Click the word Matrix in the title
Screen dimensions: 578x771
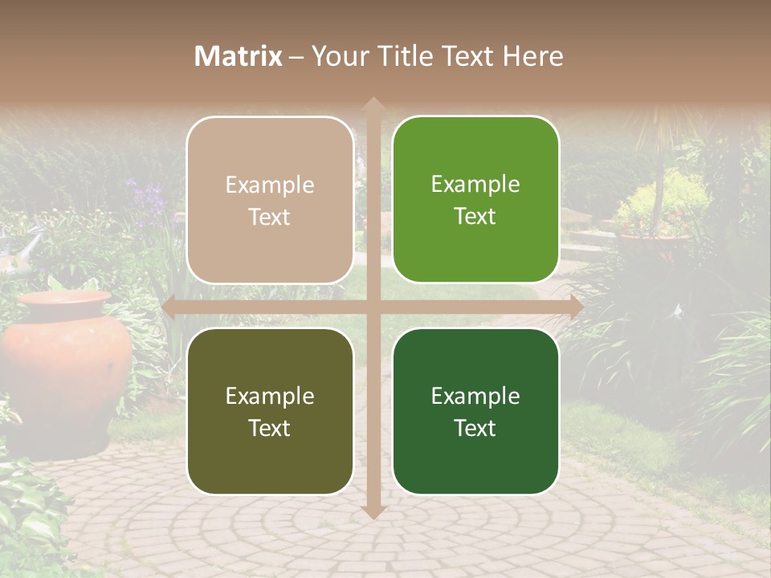[239, 56]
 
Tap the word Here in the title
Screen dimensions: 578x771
[533, 56]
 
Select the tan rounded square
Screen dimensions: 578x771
[270, 200]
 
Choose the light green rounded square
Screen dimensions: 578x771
[475, 200]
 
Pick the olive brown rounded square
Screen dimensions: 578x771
[270, 411]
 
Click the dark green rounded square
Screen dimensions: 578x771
[475, 411]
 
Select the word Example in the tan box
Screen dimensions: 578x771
[270, 185]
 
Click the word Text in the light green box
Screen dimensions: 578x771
[475, 217]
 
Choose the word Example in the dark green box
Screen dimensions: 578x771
[475, 396]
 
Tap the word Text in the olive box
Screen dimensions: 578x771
[270, 428]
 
